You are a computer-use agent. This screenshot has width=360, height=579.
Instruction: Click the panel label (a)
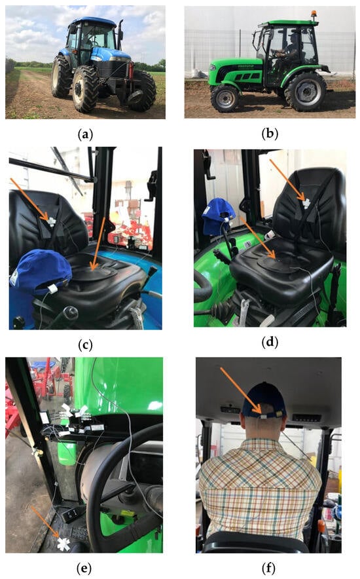(85, 134)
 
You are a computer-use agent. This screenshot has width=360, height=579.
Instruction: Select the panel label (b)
(270, 134)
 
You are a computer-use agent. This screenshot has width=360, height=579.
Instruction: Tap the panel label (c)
(85, 345)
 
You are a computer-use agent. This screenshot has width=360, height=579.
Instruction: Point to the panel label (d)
(270, 343)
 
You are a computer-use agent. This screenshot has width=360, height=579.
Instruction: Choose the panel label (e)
(84, 569)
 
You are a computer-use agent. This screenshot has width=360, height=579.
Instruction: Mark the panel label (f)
(269, 569)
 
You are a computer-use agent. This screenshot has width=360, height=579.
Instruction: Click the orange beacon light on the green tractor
(314, 15)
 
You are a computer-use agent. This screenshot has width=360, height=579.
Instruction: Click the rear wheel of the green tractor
(306, 91)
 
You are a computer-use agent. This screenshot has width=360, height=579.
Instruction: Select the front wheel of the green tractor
(225, 98)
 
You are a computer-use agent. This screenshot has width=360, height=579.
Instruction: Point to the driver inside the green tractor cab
(287, 52)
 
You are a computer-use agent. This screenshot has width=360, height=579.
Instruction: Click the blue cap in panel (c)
(41, 271)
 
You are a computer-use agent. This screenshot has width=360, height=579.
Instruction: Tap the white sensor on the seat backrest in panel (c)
(51, 221)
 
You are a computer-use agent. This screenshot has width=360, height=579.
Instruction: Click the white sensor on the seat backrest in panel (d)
(306, 203)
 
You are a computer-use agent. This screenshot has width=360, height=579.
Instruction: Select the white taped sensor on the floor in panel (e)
(63, 544)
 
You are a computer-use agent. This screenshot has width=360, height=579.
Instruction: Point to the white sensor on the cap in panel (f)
(264, 417)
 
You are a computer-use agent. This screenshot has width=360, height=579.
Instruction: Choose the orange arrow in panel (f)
(242, 390)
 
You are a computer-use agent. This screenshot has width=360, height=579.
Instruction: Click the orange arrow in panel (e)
(45, 522)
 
